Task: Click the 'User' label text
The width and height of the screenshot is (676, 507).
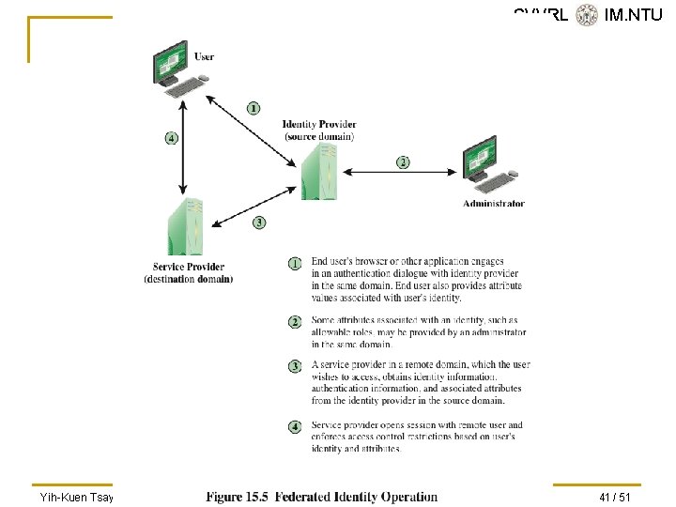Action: click(204, 57)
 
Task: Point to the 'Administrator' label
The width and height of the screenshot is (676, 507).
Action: click(494, 204)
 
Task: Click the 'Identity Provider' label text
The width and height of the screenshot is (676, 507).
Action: click(319, 125)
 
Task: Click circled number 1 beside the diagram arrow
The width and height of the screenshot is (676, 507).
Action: click(253, 107)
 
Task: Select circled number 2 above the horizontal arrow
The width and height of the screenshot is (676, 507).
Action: click(403, 162)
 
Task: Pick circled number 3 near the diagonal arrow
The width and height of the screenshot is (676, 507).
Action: click(259, 223)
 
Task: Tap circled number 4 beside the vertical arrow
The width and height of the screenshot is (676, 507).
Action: click(171, 138)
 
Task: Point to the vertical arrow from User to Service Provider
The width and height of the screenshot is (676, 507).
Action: click(185, 141)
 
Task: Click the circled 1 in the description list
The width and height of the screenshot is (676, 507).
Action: click(295, 263)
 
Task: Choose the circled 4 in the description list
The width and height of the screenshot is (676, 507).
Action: click(295, 426)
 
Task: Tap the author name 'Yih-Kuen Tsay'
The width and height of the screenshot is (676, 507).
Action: click(76, 497)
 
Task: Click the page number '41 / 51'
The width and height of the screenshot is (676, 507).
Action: click(615, 497)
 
